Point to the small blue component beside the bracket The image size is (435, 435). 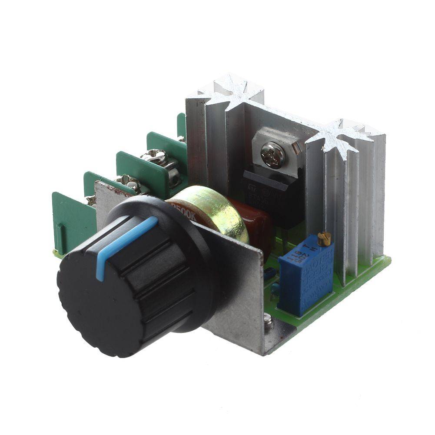pos(269,273)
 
